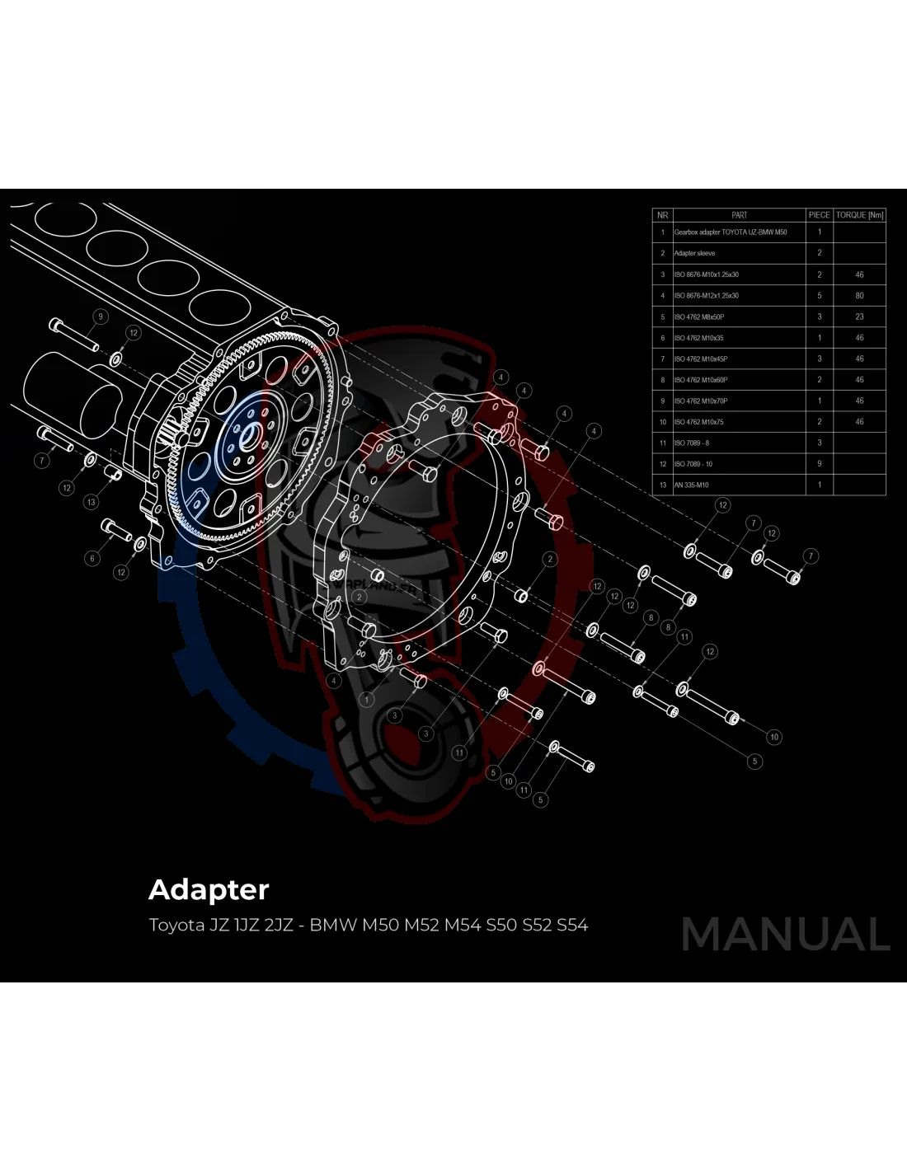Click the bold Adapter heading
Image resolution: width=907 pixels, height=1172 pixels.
209,890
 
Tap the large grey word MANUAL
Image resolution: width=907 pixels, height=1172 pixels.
786,935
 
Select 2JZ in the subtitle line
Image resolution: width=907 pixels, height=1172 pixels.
280,925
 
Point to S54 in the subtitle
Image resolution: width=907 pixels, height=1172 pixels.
572,925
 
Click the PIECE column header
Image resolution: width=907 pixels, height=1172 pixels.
819,215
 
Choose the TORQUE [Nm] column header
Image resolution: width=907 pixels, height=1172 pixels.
859,215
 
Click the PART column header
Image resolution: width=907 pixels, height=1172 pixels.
739,215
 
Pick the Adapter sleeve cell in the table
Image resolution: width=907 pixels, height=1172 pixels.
695,253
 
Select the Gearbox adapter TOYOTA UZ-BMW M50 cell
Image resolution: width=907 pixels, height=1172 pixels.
731,232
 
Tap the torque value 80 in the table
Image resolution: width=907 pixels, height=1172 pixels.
859,295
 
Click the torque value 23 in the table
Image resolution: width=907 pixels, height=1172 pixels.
859,316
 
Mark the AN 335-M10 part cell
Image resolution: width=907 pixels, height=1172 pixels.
692,485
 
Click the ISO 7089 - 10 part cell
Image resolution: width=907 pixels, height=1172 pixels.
693,464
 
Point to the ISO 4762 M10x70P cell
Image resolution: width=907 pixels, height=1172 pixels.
701,401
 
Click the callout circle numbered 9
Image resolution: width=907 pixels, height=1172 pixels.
101,316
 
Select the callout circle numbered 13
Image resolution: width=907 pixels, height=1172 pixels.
91,501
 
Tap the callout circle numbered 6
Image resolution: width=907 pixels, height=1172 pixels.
92,558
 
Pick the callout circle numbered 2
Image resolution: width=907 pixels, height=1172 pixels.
550,559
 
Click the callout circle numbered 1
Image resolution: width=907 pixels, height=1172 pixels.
367,699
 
